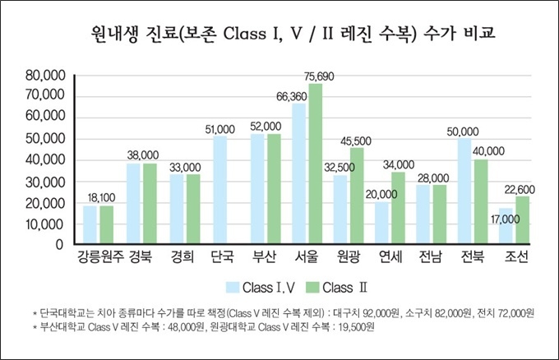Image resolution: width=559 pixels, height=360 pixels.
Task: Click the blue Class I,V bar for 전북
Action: tap(464, 191)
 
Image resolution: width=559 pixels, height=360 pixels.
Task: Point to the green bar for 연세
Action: tap(398, 208)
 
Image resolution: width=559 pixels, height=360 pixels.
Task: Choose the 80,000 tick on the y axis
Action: tap(45, 76)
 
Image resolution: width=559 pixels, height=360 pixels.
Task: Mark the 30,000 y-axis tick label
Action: tap(45, 182)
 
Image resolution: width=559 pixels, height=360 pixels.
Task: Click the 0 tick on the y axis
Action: tap(59, 245)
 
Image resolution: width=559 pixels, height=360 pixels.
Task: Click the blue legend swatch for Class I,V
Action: tap(233, 288)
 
